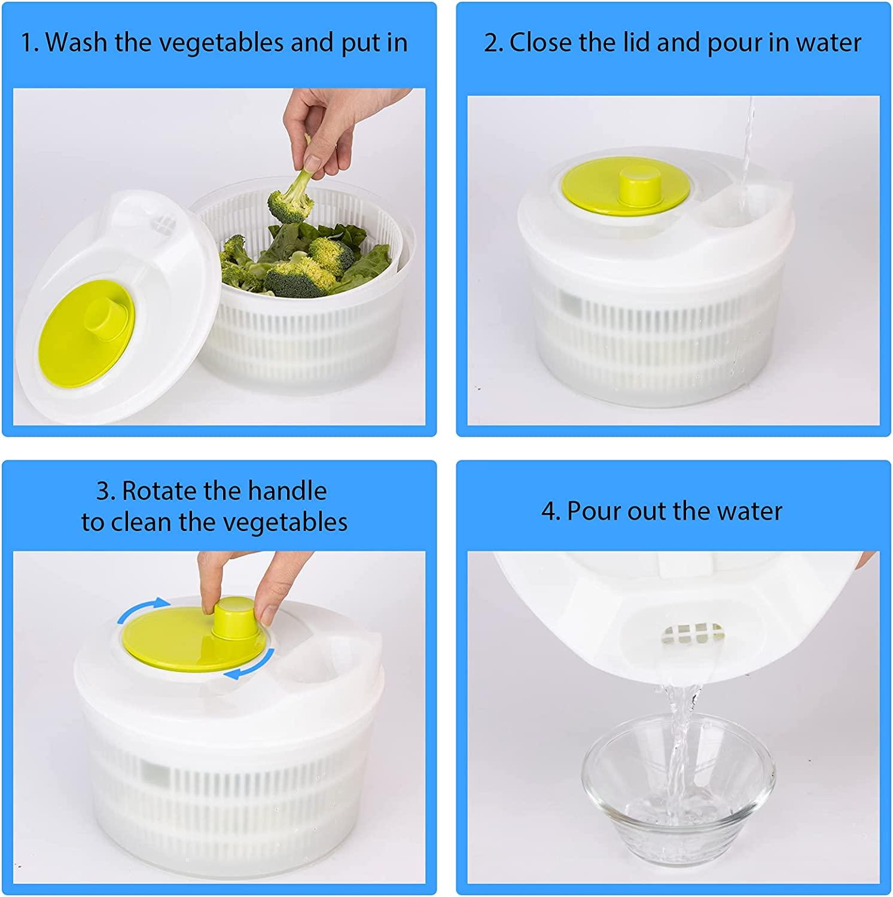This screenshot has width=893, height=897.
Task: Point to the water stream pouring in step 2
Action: pyautogui.click(x=746, y=149)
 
